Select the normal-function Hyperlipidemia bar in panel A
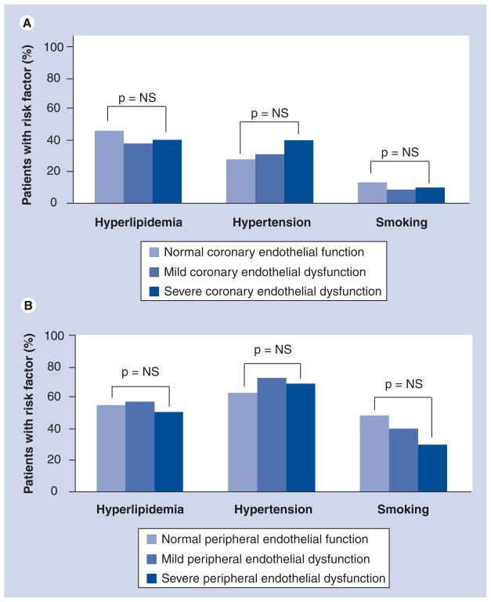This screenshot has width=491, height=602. (109, 167)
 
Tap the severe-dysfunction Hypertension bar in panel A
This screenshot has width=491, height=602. (298, 172)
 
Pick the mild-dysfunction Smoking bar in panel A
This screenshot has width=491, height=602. (401, 196)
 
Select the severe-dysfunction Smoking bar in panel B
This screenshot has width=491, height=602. (432, 468)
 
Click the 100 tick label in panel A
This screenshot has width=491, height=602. (53, 46)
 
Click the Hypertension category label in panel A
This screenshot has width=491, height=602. (272, 223)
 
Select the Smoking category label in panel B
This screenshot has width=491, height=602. (403, 510)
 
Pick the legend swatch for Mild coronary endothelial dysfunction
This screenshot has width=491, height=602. (155, 270)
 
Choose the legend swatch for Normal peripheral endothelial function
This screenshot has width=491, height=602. (155, 539)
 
